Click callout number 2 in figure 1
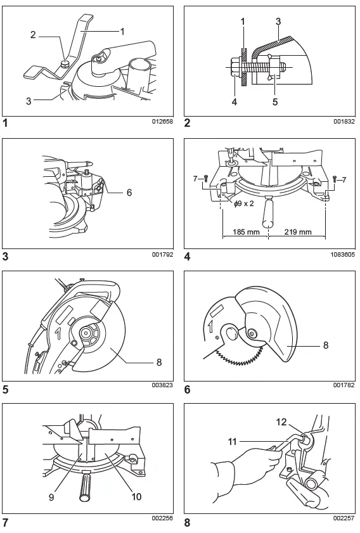point(33,35)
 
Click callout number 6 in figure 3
point(129,191)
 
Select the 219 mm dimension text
point(297,232)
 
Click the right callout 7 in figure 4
point(343,181)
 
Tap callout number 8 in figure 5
point(160,363)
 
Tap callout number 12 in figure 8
point(281,421)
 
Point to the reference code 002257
point(343,518)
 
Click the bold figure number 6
point(187,390)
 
